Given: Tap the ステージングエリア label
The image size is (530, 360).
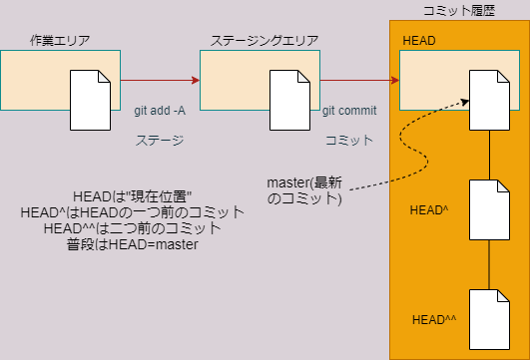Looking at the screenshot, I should [265, 40].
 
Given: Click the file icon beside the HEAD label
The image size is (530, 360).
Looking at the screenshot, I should [489, 98].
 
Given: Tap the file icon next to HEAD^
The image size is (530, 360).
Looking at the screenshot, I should [489, 210].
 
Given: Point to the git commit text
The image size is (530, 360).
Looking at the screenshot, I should [348, 111].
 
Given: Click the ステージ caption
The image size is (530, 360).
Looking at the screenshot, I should [160, 141].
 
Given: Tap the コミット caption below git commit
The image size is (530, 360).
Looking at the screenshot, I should [348, 141].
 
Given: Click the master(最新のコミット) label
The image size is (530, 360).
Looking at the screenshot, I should [304, 190].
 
